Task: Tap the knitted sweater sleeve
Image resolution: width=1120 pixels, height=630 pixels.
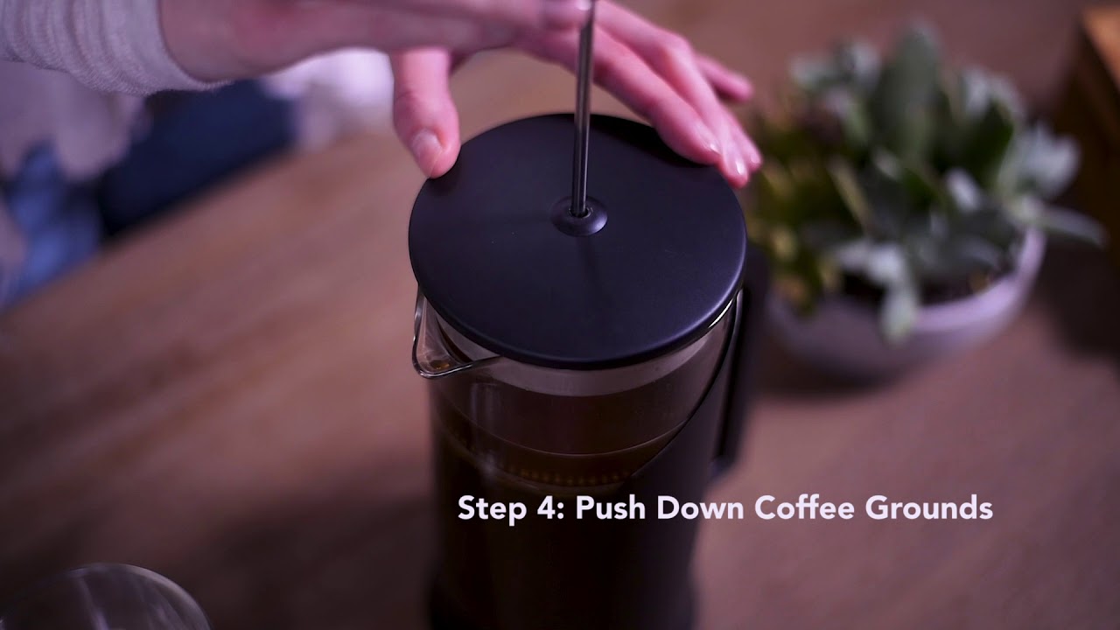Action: pyautogui.click(x=87, y=44)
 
